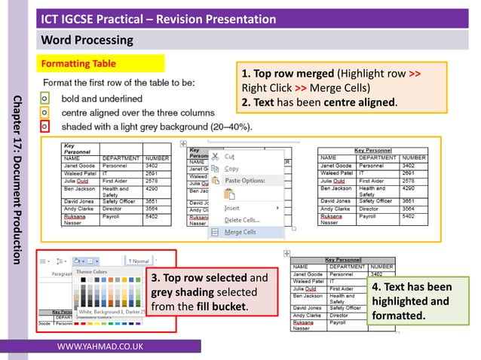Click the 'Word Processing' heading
[87, 40]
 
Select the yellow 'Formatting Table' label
[84, 63]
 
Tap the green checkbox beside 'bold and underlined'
[44, 98]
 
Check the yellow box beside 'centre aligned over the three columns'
[44, 111]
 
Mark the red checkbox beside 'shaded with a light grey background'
[44, 126]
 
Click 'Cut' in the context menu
[229, 156]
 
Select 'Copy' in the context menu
[231, 169]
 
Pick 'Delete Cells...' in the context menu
[242, 219]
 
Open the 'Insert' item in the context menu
[232, 207]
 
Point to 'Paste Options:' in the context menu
[245, 181]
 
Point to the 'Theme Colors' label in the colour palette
[92, 272]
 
